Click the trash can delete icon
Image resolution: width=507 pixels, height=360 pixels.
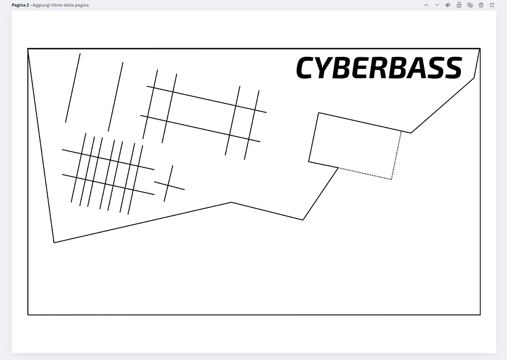point(481,5)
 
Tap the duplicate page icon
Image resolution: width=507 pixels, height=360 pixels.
point(470,5)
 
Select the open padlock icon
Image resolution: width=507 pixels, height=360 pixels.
point(459,5)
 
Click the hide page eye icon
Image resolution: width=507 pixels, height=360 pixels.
point(448,5)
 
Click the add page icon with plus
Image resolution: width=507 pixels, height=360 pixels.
point(492,5)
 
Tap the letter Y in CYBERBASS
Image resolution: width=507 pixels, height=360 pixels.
point(327,68)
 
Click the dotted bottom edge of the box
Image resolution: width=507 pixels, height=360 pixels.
point(365,173)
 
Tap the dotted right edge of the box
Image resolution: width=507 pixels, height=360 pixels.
point(396,155)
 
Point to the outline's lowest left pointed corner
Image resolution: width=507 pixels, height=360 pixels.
point(54,242)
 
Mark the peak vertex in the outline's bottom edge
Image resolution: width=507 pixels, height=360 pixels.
point(231,202)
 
